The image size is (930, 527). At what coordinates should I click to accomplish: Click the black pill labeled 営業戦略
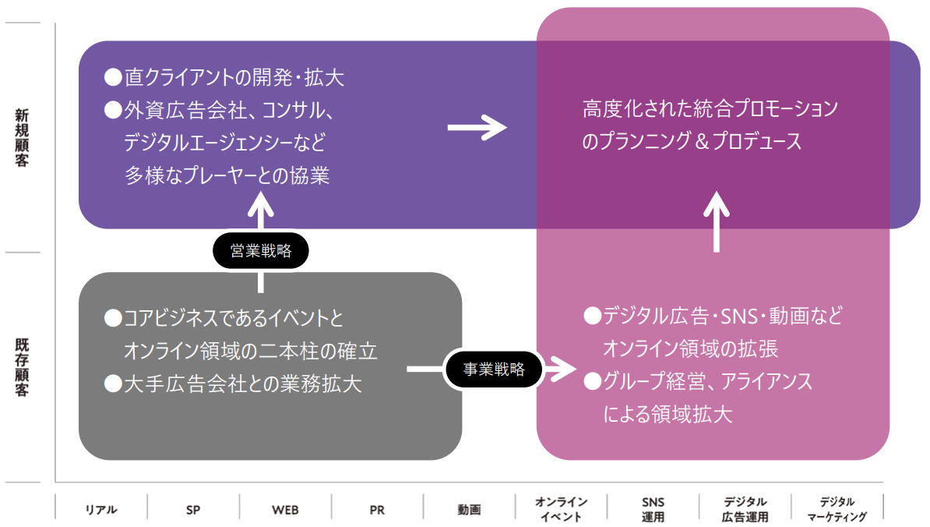click(261, 251)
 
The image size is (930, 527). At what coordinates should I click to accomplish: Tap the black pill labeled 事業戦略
click(494, 370)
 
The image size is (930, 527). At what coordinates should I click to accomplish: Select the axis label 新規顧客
click(23, 138)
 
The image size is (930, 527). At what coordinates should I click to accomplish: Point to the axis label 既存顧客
click(23, 367)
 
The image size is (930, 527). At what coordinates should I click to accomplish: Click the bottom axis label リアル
click(101, 510)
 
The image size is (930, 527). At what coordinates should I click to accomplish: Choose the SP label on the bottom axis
click(193, 510)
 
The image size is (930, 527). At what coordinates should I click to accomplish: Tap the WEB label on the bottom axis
click(285, 510)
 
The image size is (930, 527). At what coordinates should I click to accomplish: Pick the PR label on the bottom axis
click(377, 510)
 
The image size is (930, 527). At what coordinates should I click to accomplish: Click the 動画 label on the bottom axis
click(469, 510)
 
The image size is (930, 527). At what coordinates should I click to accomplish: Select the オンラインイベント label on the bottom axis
click(561, 509)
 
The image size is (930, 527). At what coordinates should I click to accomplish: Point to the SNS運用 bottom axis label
click(653, 509)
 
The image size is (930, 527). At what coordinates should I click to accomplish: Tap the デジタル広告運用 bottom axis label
click(745, 509)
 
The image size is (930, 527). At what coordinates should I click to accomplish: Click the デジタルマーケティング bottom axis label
click(837, 509)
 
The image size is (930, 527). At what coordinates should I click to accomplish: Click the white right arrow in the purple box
click(477, 126)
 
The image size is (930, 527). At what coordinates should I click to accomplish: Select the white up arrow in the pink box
click(717, 221)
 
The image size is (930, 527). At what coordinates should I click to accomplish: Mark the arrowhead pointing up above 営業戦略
click(261, 204)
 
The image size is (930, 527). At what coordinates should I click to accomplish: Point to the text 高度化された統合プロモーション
click(710, 108)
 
